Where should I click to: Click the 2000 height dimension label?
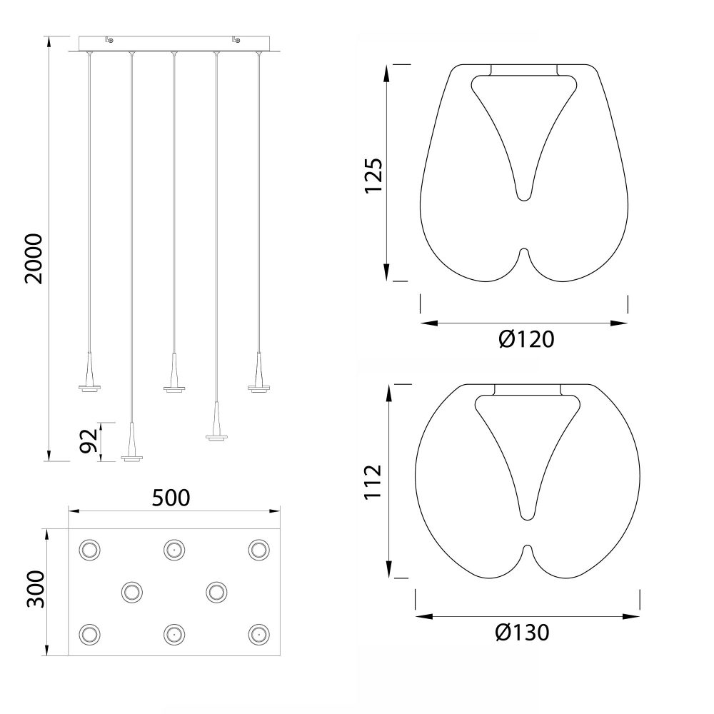[x=34, y=258]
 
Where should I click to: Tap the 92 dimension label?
[x=89, y=441]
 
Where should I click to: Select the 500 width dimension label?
[x=171, y=498]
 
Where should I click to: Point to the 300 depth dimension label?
[x=36, y=589]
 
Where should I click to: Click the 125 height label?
[x=373, y=176]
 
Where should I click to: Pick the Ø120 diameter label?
[x=526, y=339]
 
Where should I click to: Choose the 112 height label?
[x=373, y=482]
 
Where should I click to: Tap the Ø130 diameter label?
[x=523, y=633]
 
